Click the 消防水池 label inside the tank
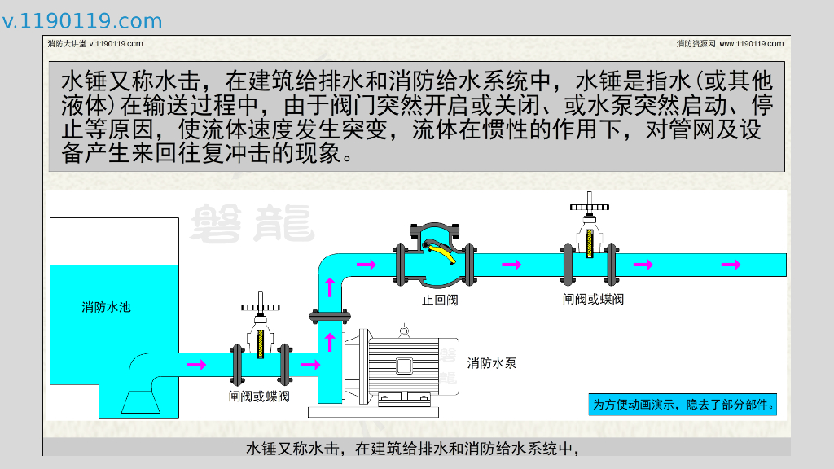(106, 307)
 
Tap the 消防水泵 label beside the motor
(492, 362)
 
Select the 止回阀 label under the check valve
(440, 300)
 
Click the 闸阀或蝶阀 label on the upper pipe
(593, 299)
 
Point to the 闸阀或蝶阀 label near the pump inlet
(259, 397)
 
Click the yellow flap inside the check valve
(440, 253)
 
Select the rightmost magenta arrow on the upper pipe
(731, 265)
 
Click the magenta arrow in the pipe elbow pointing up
(331, 287)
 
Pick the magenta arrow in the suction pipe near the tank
(196, 364)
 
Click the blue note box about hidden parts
(683, 404)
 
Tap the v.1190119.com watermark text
(82, 21)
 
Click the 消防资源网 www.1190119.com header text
(730, 43)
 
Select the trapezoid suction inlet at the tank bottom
(142, 401)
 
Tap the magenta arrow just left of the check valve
(367, 265)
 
